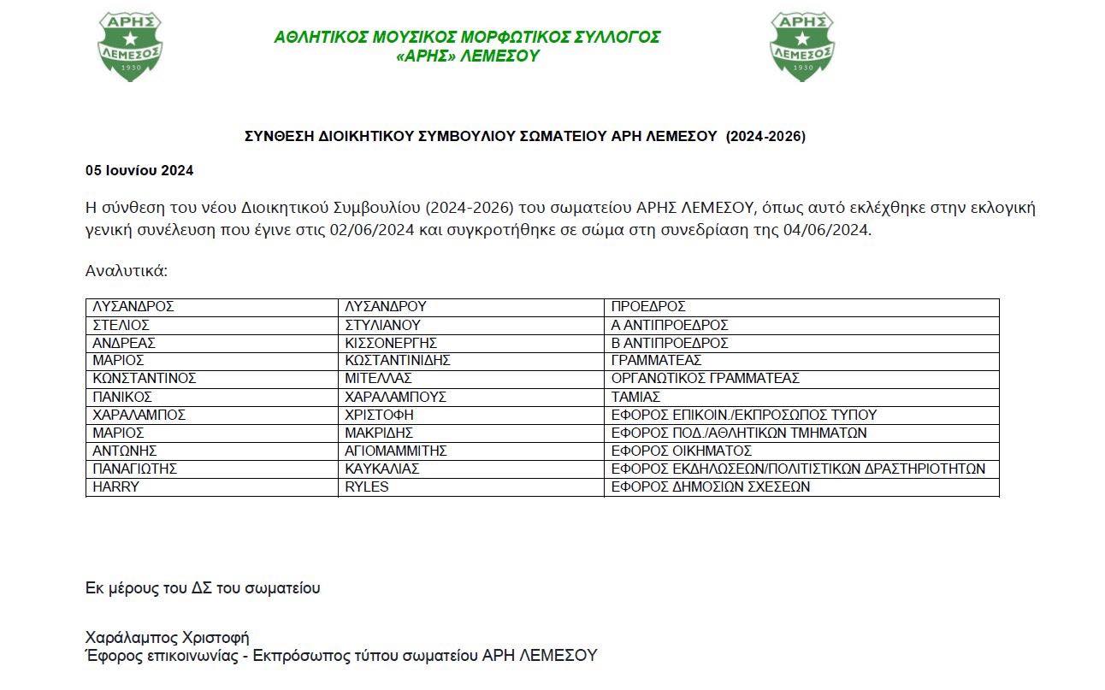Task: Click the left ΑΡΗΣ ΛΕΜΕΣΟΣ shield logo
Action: (130, 46)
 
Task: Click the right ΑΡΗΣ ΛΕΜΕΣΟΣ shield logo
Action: (802, 46)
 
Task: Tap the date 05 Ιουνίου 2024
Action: (139, 170)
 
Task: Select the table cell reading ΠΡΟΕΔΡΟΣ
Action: (648, 307)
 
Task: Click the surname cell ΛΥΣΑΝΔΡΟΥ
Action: (385, 307)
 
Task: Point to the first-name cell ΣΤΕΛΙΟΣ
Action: (121, 325)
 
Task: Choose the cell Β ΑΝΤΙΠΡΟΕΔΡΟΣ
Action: (670, 343)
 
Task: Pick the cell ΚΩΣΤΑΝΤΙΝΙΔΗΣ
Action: (397, 361)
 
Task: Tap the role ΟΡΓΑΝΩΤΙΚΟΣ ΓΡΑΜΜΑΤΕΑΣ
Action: (705, 379)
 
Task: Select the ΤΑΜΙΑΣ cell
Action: (635, 397)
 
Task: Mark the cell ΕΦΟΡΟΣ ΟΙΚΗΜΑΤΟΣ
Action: (681, 451)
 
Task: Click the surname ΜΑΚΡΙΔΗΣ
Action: (379, 433)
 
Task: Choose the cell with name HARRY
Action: (115, 487)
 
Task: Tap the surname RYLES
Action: (366, 487)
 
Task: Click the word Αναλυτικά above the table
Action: (127, 271)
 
